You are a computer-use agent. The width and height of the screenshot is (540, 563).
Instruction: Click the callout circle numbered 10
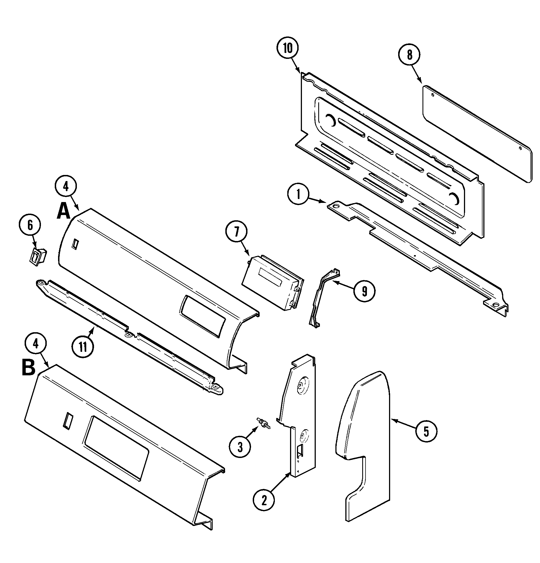tap(288, 48)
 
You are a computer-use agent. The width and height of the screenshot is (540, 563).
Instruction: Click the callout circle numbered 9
tap(364, 292)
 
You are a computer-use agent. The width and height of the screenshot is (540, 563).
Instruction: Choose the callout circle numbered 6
tap(30, 225)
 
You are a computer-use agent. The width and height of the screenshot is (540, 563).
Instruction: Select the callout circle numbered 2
tap(264, 500)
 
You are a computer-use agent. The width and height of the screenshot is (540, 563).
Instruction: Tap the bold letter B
tap(28, 368)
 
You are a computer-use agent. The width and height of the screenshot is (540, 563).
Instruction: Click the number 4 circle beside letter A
tap(66, 187)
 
